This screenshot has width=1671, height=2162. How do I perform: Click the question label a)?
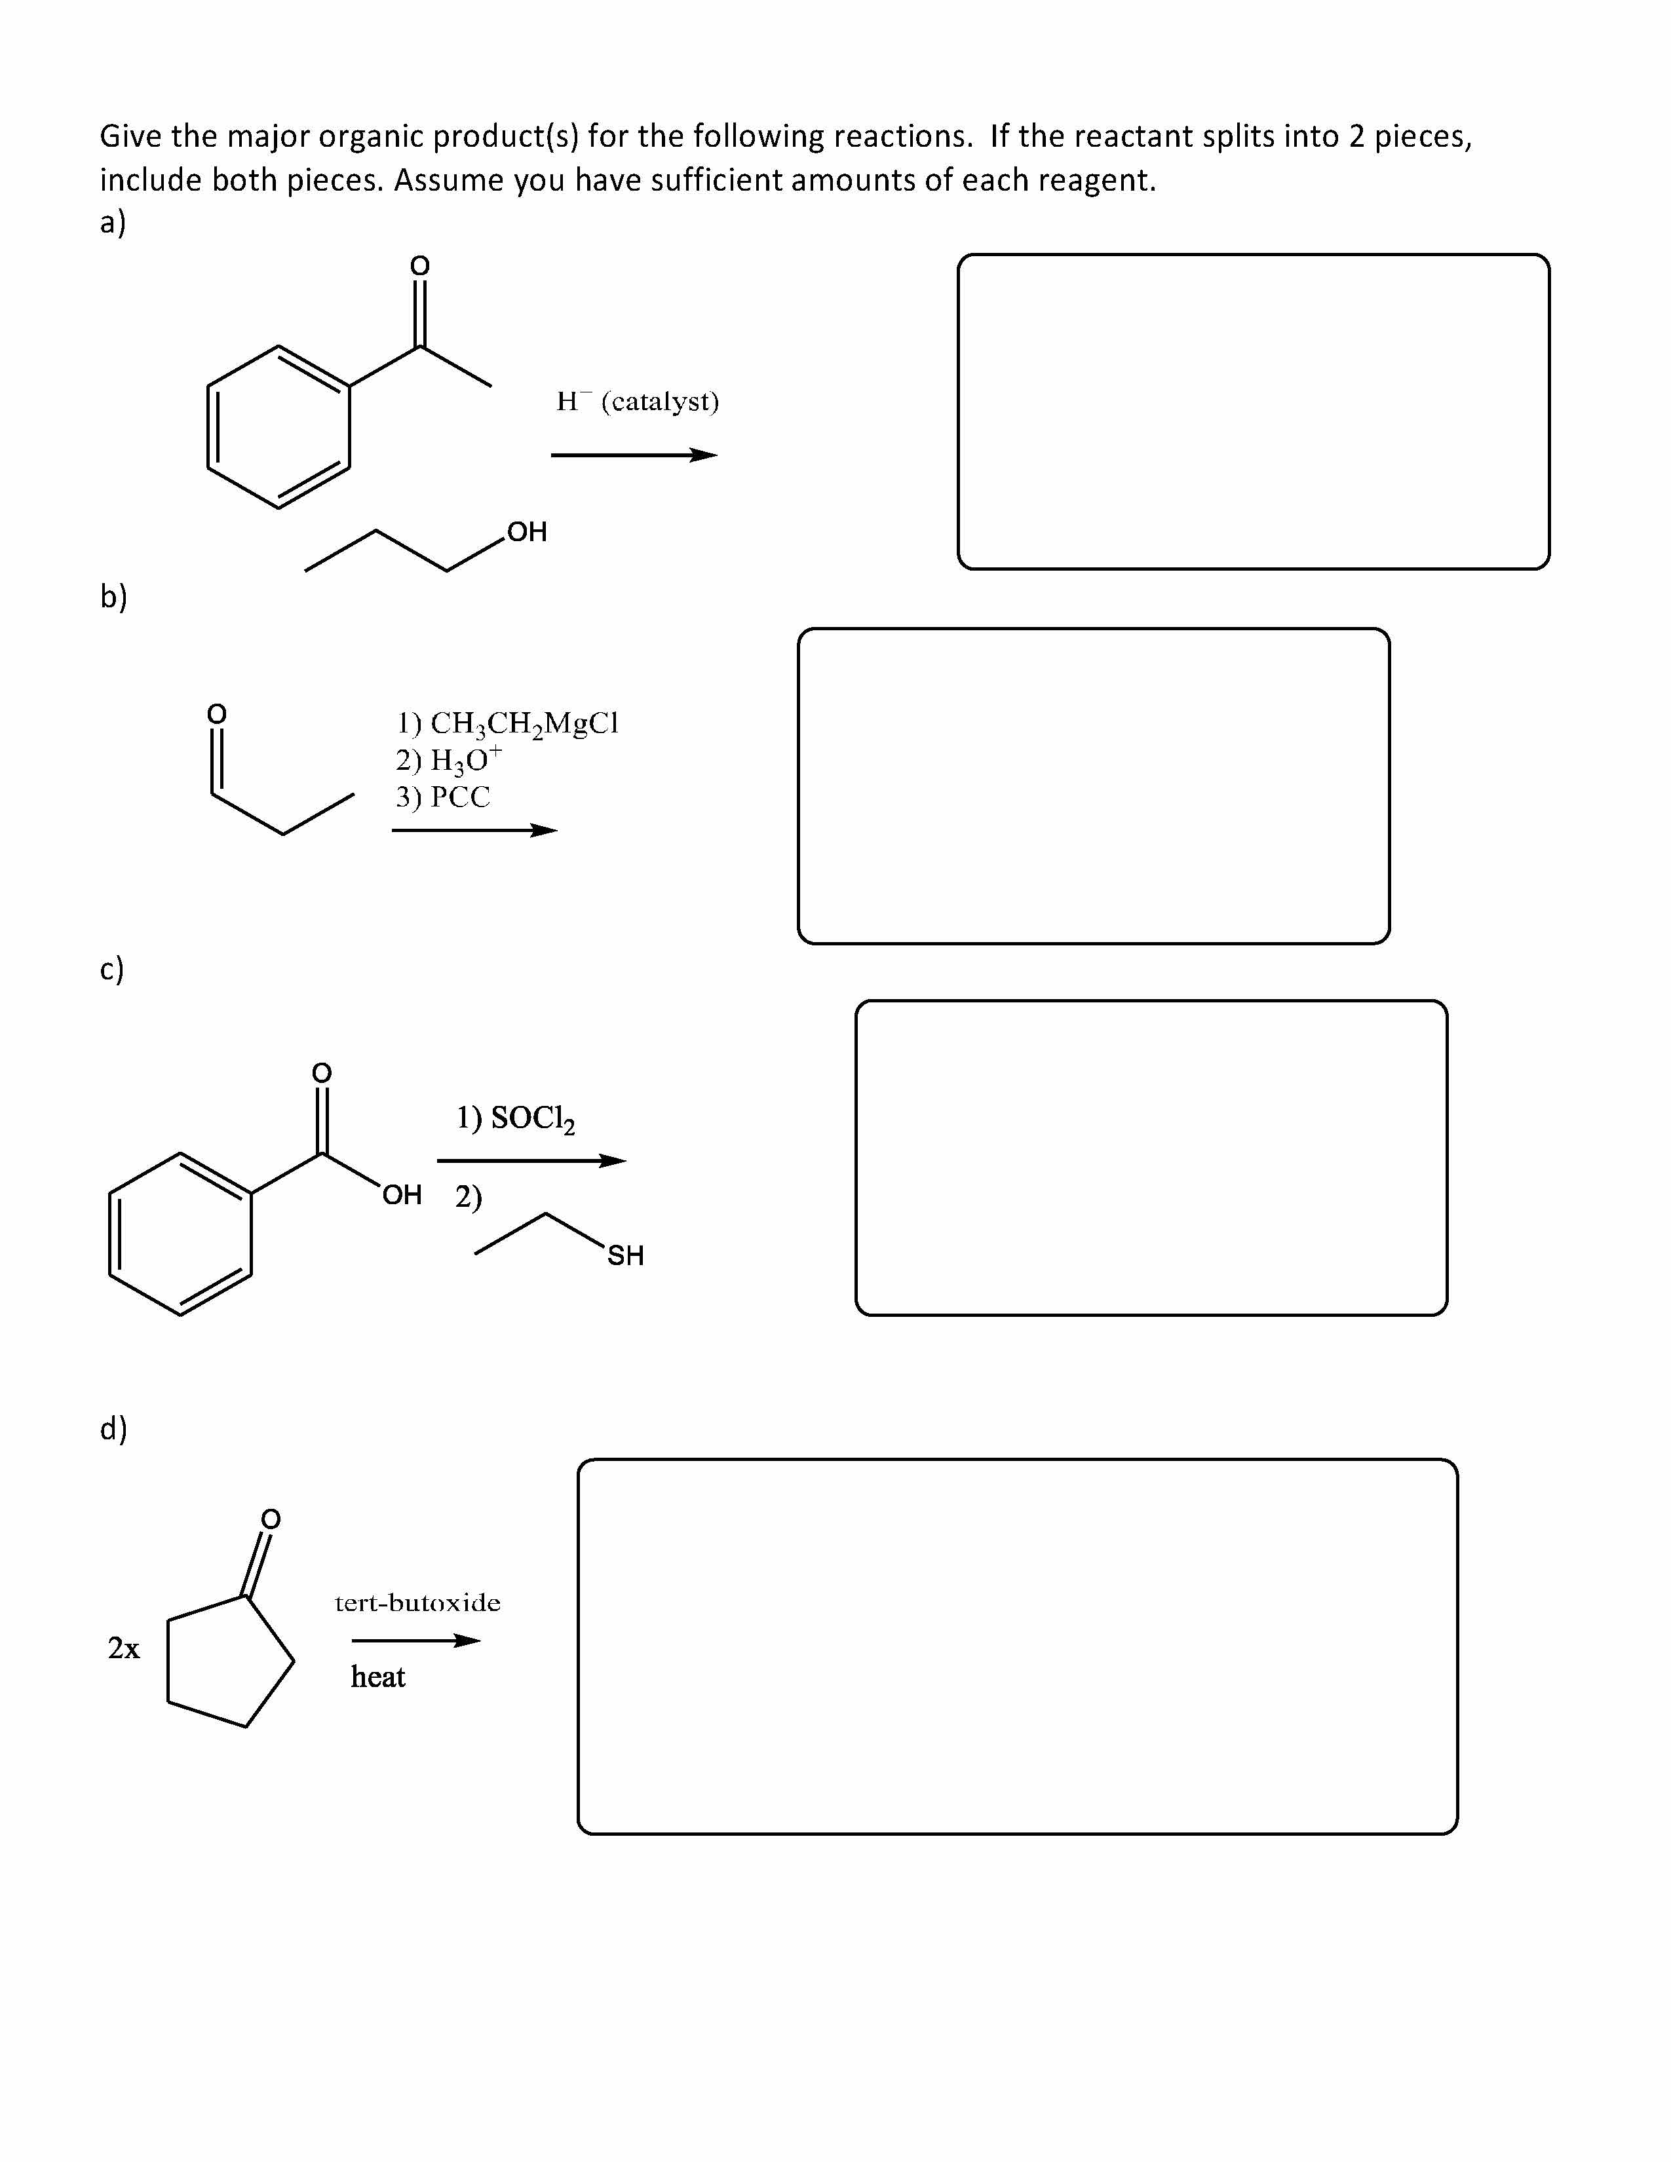[x=113, y=223]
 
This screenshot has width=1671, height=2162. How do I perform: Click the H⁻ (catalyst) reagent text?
[x=638, y=401]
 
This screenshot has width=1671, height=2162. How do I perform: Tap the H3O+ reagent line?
[x=448, y=759]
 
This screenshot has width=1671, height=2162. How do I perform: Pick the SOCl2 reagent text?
[x=516, y=1118]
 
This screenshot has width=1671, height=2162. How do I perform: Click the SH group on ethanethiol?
[x=626, y=1255]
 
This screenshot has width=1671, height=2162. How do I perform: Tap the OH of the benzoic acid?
[x=402, y=1195]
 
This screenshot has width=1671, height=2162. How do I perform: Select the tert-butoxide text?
[x=418, y=1603]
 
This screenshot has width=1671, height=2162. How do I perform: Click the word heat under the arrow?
[x=378, y=1677]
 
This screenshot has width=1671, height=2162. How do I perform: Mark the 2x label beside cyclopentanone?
[x=124, y=1648]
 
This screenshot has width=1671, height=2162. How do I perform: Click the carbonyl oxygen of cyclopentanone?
[x=270, y=1519]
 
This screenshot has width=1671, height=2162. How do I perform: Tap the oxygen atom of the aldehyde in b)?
[x=216, y=713]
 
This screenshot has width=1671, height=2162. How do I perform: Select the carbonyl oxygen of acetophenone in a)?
[x=420, y=265]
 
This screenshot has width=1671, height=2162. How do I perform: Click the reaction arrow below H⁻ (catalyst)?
[x=634, y=455]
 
